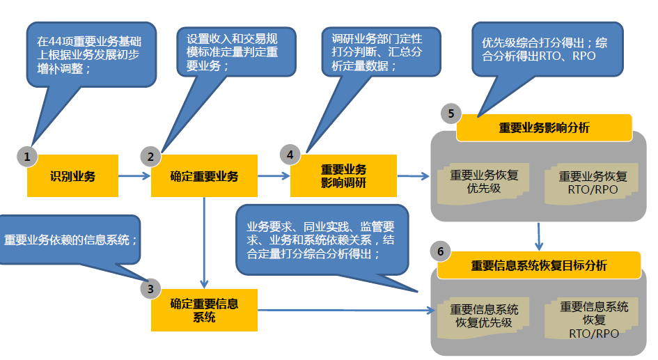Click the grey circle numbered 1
[x=26, y=157]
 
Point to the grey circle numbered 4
[x=290, y=153]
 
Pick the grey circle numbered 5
[x=451, y=114]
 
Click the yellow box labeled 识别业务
[x=72, y=176]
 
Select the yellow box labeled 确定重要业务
[x=204, y=176]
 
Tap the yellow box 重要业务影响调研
[x=343, y=175]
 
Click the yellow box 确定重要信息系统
[x=204, y=310]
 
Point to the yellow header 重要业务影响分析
[x=544, y=127]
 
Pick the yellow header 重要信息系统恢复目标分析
[x=538, y=265]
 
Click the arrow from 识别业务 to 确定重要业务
[x=134, y=176]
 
